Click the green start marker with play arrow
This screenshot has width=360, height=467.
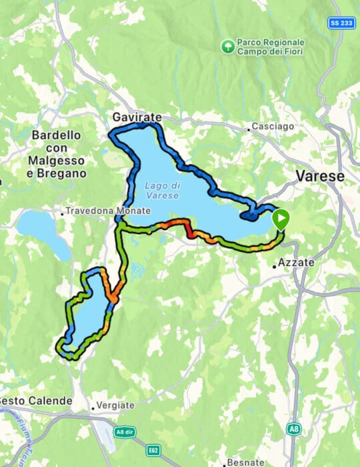point(281,219)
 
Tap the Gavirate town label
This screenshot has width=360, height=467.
point(137,117)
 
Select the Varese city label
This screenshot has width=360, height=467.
point(320,177)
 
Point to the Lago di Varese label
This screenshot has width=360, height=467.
point(161,189)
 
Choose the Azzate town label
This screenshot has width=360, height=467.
point(297,263)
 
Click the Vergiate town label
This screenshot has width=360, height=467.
point(116,405)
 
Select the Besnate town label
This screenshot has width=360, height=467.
point(246,462)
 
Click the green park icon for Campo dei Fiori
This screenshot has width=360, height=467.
point(228,47)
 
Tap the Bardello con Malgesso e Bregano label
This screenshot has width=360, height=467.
point(57,154)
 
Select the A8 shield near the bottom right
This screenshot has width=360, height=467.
point(293,428)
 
